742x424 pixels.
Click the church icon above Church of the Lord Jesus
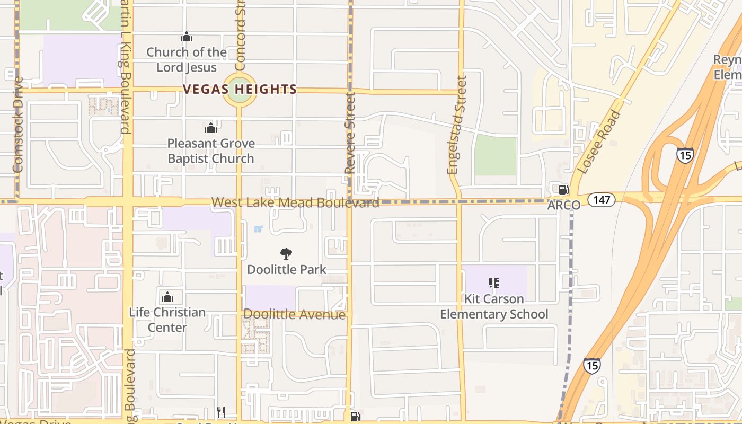coord(186,37)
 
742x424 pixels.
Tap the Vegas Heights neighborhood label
coord(240,89)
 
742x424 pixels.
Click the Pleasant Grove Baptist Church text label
coord(211,151)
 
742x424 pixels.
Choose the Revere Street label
coord(349,133)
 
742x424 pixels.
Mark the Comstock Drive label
coord(17,125)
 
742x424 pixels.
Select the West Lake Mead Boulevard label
coord(295,202)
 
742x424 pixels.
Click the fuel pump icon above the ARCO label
coord(563,189)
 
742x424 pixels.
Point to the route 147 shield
coord(602,200)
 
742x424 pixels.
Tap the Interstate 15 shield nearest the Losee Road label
coord(685,155)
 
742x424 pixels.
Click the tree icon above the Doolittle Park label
coord(286,254)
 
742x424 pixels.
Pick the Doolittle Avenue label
coord(294,314)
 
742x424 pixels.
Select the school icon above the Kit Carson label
coord(494,283)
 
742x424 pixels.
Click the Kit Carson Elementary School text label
coord(494,306)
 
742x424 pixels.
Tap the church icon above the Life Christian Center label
coord(167,296)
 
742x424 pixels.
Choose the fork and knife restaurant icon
coord(221,412)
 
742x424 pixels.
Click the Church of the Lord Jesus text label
coord(187,60)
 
